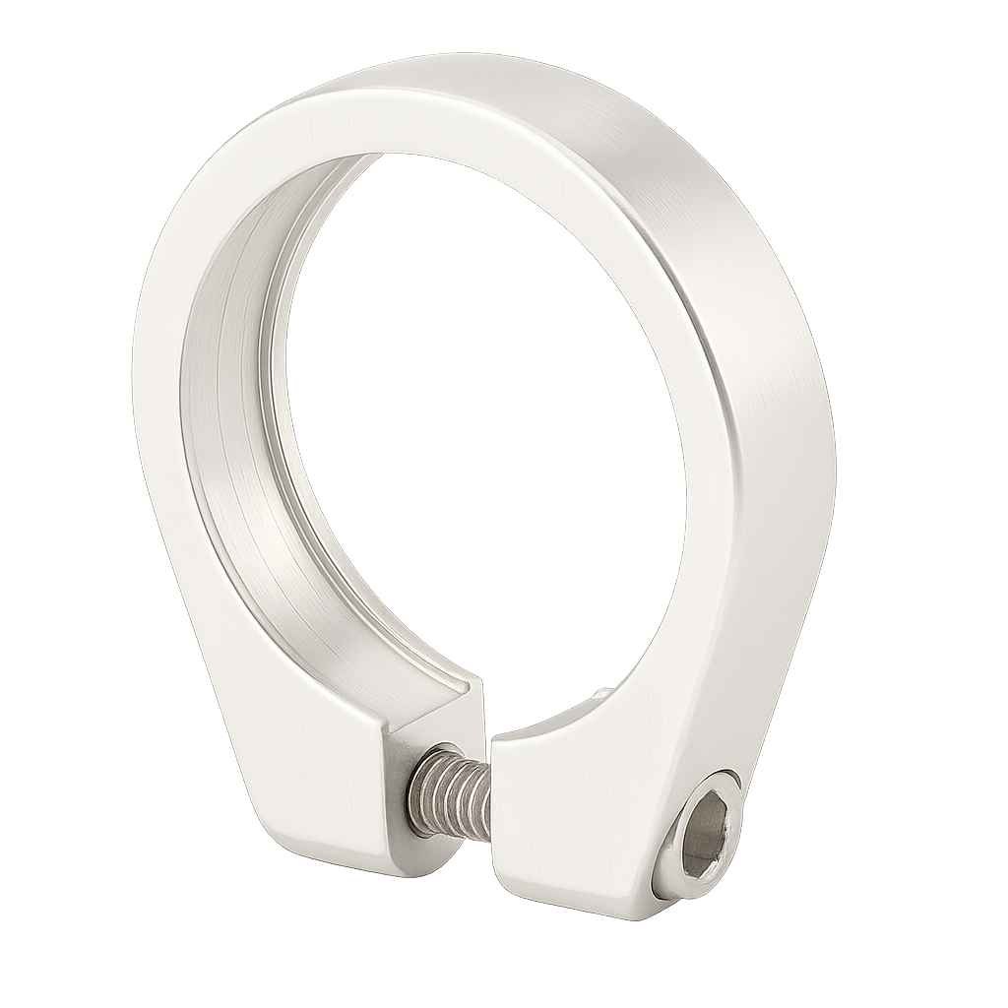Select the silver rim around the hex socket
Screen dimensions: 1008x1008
click(x=679, y=866)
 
